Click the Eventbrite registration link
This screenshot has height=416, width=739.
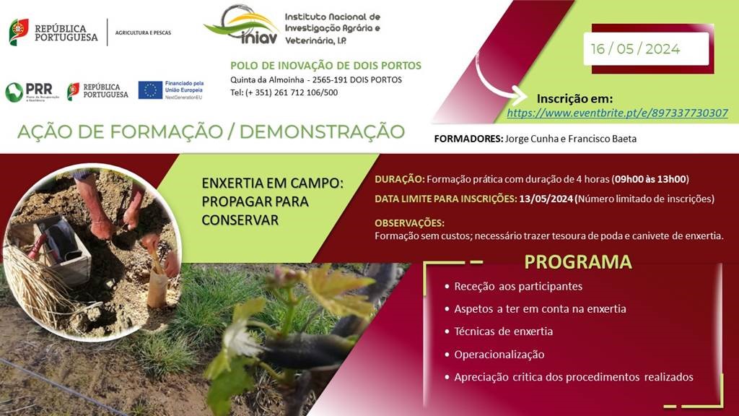click(x=618, y=113)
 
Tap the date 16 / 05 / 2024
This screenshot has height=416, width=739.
click(x=635, y=49)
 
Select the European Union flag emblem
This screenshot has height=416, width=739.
click(x=150, y=90)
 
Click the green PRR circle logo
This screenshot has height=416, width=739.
click(x=14, y=92)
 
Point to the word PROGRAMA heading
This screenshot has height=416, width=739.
click(x=578, y=261)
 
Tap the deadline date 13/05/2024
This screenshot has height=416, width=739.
click(x=546, y=199)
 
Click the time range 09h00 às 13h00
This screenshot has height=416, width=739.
click(x=650, y=179)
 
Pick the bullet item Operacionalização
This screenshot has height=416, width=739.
click(x=499, y=355)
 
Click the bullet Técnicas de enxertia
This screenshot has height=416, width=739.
click(x=503, y=331)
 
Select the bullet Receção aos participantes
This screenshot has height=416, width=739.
click(x=518, y=286)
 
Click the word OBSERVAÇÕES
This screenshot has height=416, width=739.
click(x=409, y=222)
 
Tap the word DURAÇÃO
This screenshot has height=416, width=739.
click(x=399, y=179)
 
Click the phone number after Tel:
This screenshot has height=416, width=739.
click(x=292, y=92)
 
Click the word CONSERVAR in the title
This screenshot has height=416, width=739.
click(x=240, y=220)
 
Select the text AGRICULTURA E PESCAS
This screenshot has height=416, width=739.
click(x=143, y=32)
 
